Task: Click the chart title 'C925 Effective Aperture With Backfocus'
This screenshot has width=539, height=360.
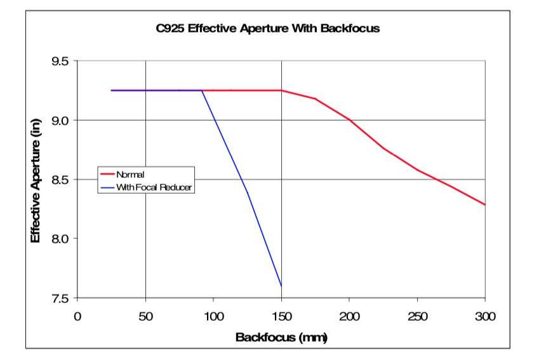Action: pyautogui.click(x=268, y=29)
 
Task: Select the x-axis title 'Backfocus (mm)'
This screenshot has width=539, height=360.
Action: pyautogui.click(x=281, y=337)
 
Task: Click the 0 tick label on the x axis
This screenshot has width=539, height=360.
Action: pyautogui.click(x=78, y=316)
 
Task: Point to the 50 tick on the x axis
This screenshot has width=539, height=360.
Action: pyautogui.click(x=145, y=316)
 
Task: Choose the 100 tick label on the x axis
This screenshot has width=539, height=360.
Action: pyautogui.click(x=213, y=316)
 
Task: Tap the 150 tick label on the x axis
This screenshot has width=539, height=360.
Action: pyautogui.click(x=281, y=316)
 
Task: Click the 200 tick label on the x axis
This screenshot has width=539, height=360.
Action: pyautogui.click(x=349, y=316)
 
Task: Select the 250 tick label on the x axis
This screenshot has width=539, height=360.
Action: pyautogui.click(x=417, y=316)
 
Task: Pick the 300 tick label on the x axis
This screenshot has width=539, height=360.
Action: pyautogui.click(x=484, y=316)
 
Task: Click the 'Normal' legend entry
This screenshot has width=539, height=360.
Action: pyautogui.click(x=130, y=174)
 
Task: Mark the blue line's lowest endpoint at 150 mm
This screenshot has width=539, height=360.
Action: pyautogui.click(x=281, y=286)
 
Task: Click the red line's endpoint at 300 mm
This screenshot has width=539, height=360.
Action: pyautogui.click(x=485, y=205)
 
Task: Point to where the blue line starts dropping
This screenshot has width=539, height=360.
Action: pyautogui.click(x=203, y=91)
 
